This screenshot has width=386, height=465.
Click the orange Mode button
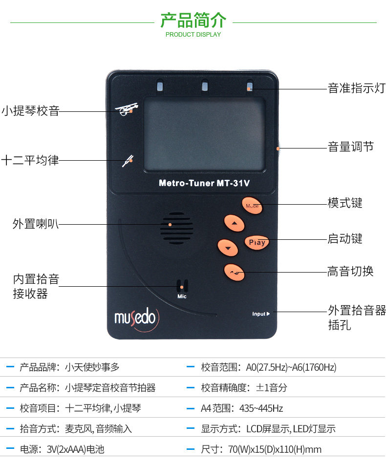point(252,206)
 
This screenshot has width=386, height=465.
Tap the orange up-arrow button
point(235,223)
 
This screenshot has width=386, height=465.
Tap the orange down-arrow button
point(228,248)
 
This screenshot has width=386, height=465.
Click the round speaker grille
point(176,228)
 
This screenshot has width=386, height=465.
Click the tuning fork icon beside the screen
point(128,160)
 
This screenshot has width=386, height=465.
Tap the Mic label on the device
point(182,296)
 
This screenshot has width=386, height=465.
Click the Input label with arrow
point(260,314)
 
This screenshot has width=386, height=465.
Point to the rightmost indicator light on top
point(250,87)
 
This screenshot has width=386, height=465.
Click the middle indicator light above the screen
point(205,87)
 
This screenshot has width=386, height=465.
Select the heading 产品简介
point(193,21)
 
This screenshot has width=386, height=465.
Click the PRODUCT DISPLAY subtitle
point(193,35)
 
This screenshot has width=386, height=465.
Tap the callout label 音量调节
point(350,147)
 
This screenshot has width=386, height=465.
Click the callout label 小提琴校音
point(30,111)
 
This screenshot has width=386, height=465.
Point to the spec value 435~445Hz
point(262,408)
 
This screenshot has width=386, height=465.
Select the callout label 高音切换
point(350,271)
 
